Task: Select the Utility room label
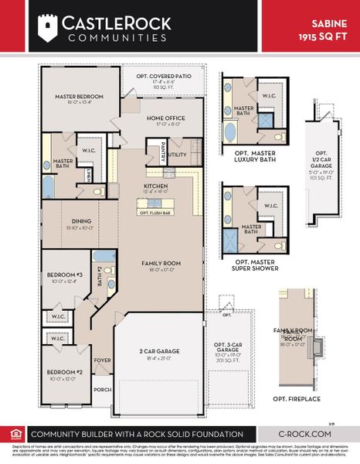[178, 155]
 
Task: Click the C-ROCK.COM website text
[307, 434]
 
